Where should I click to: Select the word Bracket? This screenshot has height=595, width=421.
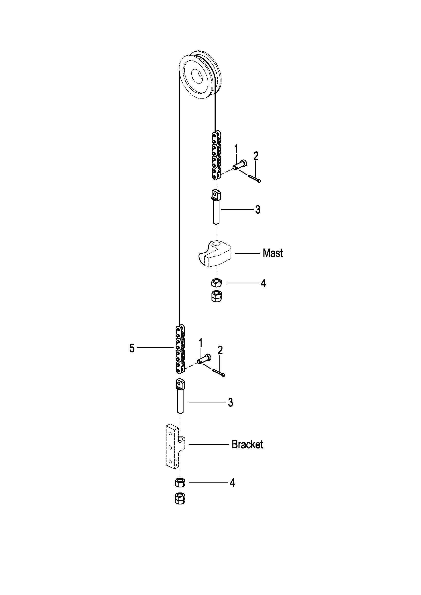tap(247, 444)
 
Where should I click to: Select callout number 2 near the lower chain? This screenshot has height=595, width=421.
tap(220, 350)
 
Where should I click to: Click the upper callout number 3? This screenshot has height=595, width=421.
tap(257, 209)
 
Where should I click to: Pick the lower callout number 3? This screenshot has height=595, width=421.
tap(230, 402)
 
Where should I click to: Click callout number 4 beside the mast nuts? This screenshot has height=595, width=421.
tap(263, 283)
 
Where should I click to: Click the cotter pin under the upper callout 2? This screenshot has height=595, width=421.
tap(254, 179)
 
